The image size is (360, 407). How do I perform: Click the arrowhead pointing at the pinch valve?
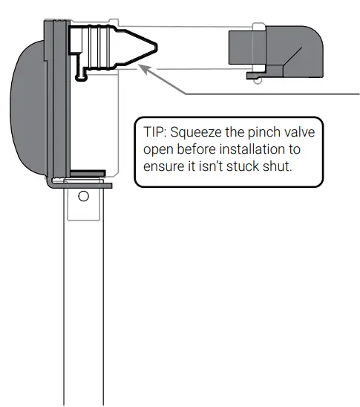click(145, 70)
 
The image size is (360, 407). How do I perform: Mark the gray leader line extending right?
click(267, 94)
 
